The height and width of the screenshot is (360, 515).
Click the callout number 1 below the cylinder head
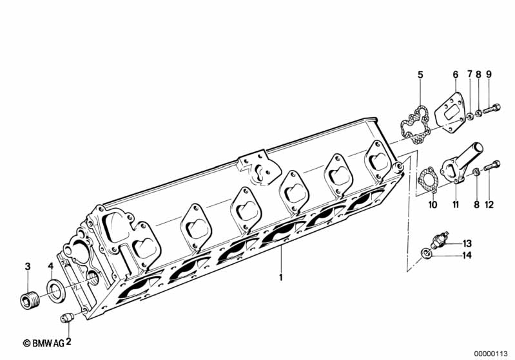[x=281, y=278]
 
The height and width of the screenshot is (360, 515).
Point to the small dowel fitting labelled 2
[x=68, y=317]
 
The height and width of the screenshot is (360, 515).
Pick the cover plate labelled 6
[x=450, y=113]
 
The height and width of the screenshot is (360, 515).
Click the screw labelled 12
[x=492, y=166]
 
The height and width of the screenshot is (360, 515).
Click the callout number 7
[x=470, y=75]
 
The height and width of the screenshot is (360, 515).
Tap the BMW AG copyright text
[x=44, y=343]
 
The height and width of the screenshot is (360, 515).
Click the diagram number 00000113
[x=491, y=354]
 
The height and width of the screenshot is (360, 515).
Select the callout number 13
[x=467, y=243]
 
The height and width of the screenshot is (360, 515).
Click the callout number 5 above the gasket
[x=420, y=75]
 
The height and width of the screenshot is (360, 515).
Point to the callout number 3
[x=28, y=267]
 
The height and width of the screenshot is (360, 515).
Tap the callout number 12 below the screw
[x=489, y=205]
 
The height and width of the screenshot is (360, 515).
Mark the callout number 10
[x=433, y=205]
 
